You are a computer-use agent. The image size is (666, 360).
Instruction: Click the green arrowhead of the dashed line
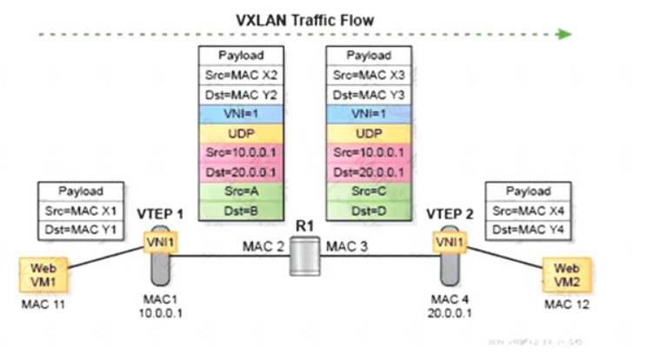(564, 34)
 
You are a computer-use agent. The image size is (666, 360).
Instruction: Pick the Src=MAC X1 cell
(80, 210)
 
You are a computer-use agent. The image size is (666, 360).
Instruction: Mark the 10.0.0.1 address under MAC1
(160, 314)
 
